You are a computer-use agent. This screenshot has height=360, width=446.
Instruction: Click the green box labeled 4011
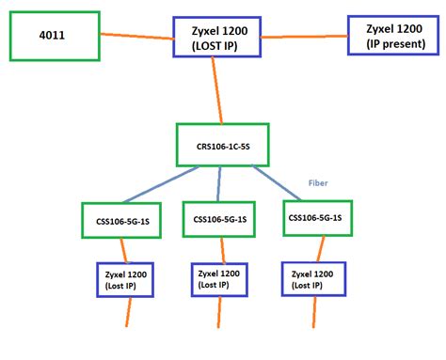pyautogui.click(x=55, y=38)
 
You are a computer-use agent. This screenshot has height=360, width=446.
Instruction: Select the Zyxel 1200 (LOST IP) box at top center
pyautogui.click(x=216, y=37)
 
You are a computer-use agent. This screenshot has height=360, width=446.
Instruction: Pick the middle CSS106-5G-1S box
pyautogui.click(x=219, y=219)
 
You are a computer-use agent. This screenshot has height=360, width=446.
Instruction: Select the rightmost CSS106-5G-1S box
pyautogui.click(x=317, y=217)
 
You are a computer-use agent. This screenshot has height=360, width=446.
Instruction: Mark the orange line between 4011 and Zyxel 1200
pyautogui.click(x=135, y=37)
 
